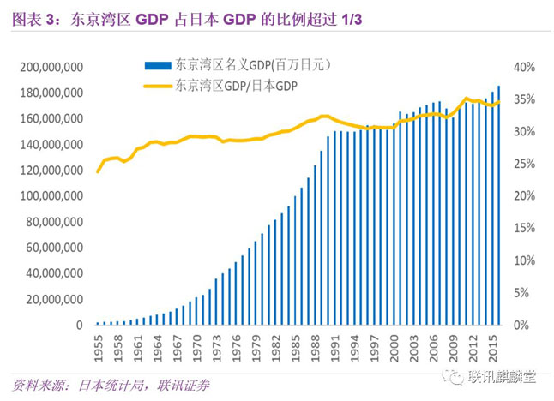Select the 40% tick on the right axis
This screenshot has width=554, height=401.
tap(524, 67)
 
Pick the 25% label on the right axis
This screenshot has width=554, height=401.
tap(524, 164)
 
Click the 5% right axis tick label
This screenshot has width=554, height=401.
tap(526, 293)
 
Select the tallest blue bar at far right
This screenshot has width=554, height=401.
tap(500, 206)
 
